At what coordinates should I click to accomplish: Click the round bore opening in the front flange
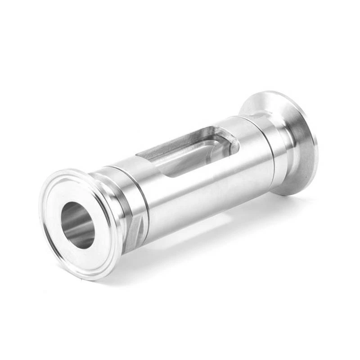pos(77,225)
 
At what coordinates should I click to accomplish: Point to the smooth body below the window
pos(207,193)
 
